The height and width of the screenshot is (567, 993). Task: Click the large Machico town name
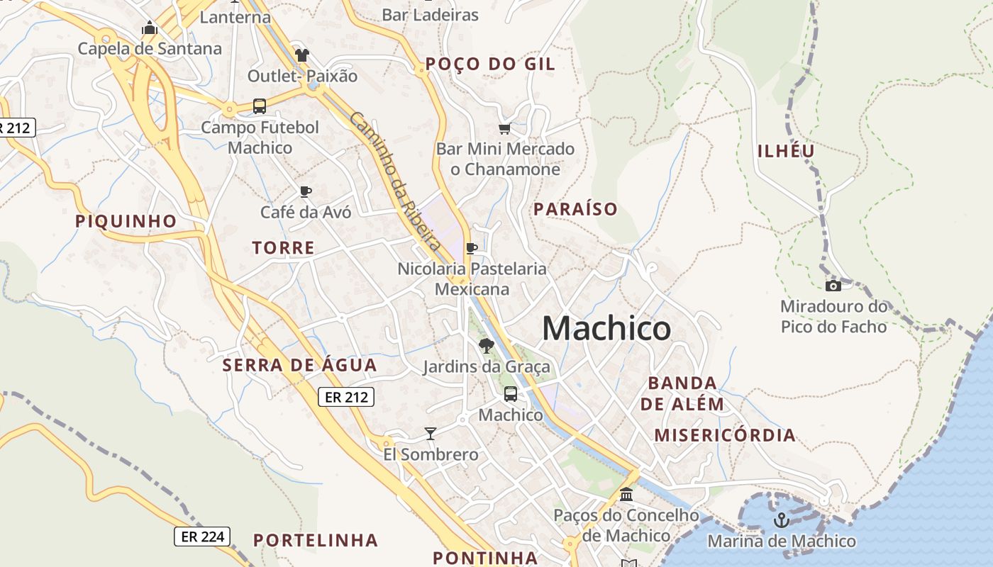606,328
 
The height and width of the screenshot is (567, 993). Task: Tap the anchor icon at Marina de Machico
781,520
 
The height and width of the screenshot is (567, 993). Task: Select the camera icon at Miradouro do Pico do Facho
833,286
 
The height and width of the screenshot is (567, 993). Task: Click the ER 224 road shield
203,537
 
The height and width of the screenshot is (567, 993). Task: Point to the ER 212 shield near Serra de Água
346,397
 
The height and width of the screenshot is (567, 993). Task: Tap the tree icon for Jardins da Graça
486,346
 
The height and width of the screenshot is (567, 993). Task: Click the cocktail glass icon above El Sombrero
430,433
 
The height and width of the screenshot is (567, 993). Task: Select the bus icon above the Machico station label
510,394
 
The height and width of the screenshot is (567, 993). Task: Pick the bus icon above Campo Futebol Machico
260,106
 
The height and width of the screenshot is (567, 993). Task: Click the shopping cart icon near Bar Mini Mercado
504,128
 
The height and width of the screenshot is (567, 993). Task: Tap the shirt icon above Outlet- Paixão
303,55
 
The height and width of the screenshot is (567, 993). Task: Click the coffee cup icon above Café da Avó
306,191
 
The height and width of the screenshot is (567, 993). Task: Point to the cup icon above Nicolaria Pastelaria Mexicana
471,248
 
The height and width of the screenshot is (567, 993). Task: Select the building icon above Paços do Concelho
626,494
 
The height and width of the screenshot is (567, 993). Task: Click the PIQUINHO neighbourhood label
126,221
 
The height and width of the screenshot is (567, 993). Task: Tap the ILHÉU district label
786,151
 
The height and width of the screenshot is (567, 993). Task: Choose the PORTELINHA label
316,540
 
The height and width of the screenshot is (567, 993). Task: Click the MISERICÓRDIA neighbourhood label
725,435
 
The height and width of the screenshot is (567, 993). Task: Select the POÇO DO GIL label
489,64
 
